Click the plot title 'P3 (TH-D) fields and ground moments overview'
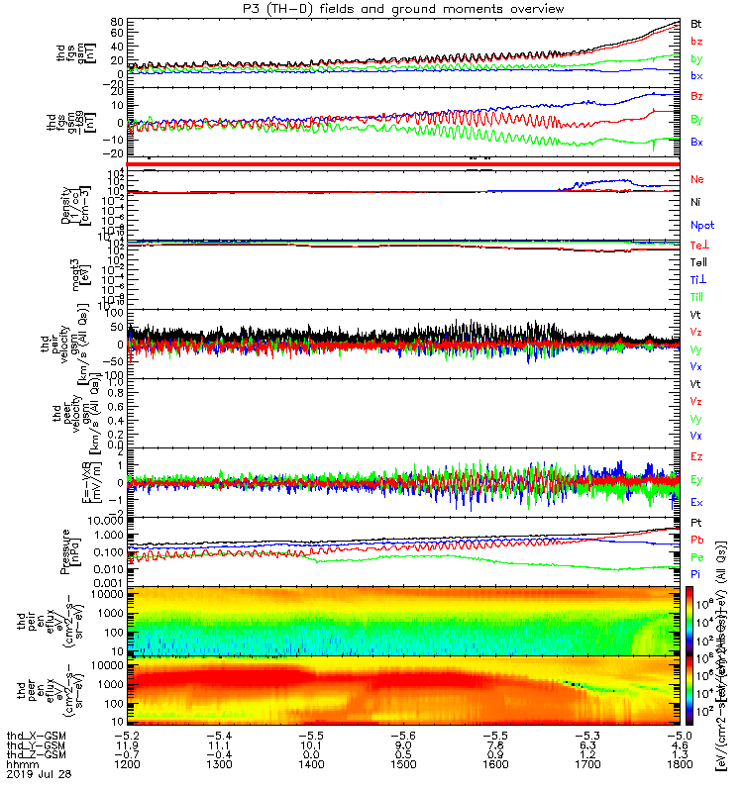point(396,9)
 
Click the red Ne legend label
point(697,179)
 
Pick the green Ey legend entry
point(697,479)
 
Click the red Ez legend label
point(697,456)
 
